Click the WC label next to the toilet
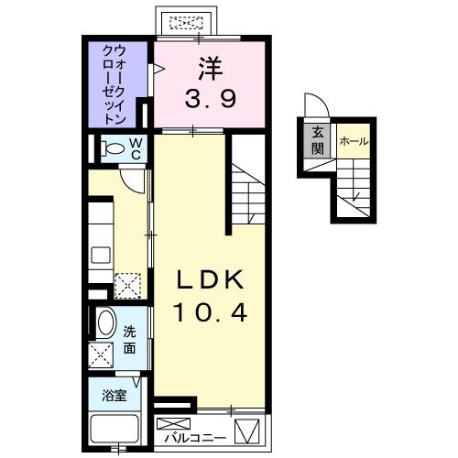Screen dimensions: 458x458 (134, 149)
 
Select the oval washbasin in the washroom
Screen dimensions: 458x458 (104, 323)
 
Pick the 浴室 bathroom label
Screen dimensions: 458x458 (114, 397)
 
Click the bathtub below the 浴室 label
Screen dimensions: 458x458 (114, 430)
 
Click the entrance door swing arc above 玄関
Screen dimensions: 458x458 (311, 106)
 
